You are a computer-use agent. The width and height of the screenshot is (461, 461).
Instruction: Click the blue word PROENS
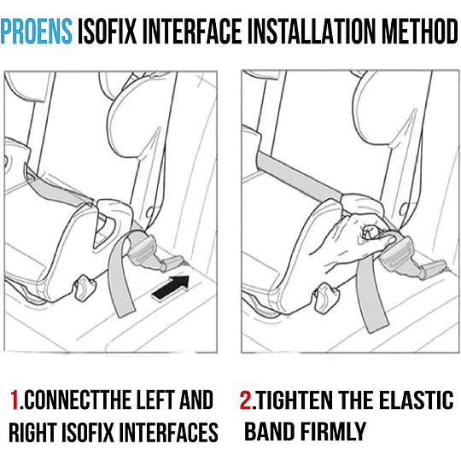tap(37, 31)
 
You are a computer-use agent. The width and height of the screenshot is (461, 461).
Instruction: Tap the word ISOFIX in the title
tap(108, 31)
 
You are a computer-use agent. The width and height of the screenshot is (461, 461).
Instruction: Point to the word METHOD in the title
tap(420, 31)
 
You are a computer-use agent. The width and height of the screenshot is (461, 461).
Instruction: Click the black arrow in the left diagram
tap(171, 289)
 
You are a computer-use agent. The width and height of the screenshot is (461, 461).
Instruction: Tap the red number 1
tap(15, 400)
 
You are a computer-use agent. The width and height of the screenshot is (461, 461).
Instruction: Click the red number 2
tap(246, 400)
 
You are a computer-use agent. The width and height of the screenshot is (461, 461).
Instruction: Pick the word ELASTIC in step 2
tap(417, 400)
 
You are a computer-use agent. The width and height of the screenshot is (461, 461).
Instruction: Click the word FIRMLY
tap(334, 431)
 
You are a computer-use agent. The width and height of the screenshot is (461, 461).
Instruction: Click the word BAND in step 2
tap(270, 431)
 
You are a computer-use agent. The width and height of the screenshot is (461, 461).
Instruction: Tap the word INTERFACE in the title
tap(192, 31)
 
